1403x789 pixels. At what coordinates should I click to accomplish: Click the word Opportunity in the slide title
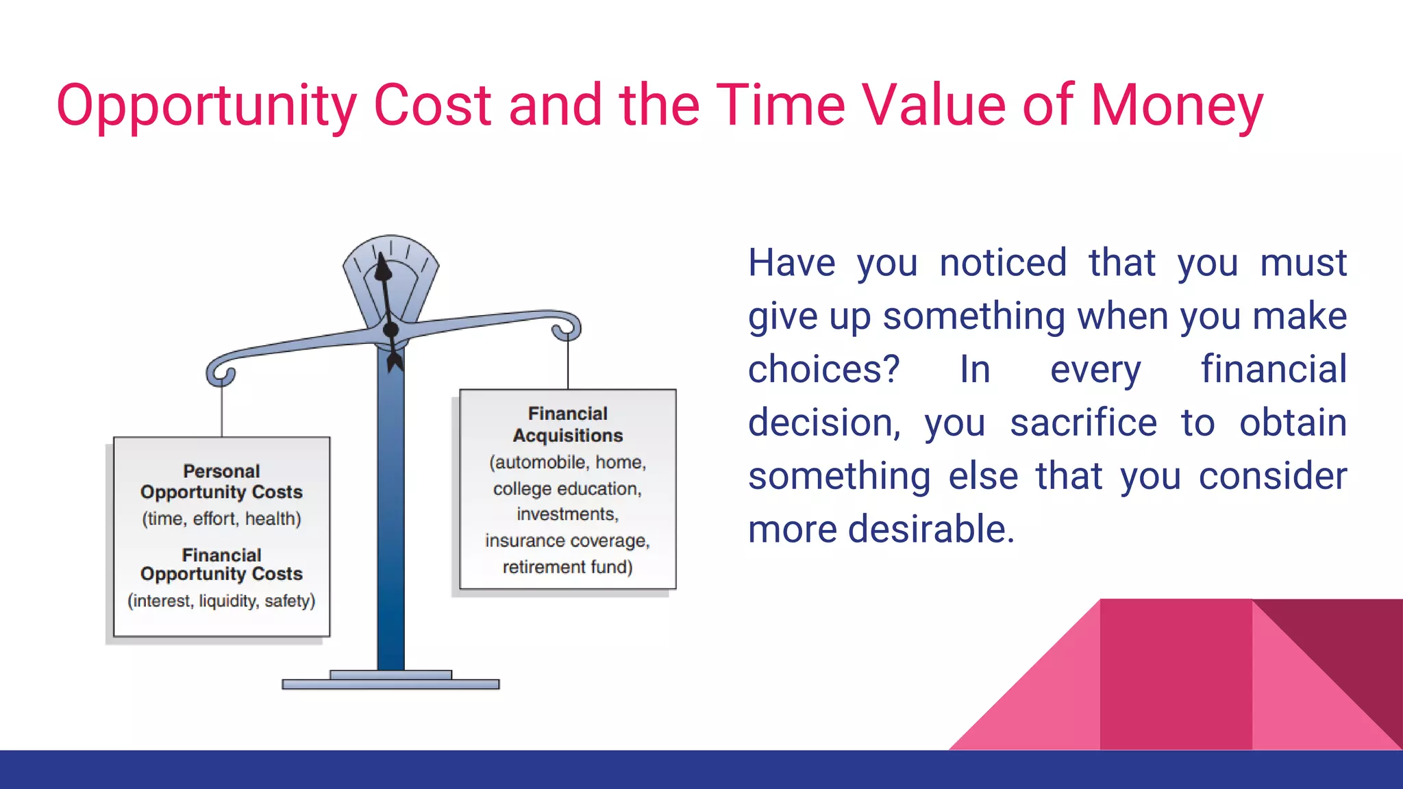(206, 106)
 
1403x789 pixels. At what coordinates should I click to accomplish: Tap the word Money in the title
(1176, 106)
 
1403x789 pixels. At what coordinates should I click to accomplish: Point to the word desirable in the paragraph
(931, 529)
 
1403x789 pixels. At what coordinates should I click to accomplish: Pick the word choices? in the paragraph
(823, 369)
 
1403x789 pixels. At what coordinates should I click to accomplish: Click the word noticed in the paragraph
(1003, 262)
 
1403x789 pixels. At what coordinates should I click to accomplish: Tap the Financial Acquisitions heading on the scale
(567, 425)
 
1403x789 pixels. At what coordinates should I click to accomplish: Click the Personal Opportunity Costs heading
(221, 481)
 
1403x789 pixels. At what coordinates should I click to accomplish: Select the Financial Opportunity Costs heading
(221, 564)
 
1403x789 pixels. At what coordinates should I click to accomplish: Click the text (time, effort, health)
(221, 519)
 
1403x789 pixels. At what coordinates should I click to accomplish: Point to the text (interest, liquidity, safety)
(221, 601)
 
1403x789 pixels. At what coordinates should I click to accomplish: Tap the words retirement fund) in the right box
(567, 567)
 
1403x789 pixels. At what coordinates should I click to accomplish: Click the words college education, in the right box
(567, 489)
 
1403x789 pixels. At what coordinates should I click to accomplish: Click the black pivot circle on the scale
(390, 330)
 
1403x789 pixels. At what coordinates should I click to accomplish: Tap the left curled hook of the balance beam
(221, 374)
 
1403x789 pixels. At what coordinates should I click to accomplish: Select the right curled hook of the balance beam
(567, 329)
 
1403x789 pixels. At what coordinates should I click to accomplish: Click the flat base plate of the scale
(390, 684)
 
